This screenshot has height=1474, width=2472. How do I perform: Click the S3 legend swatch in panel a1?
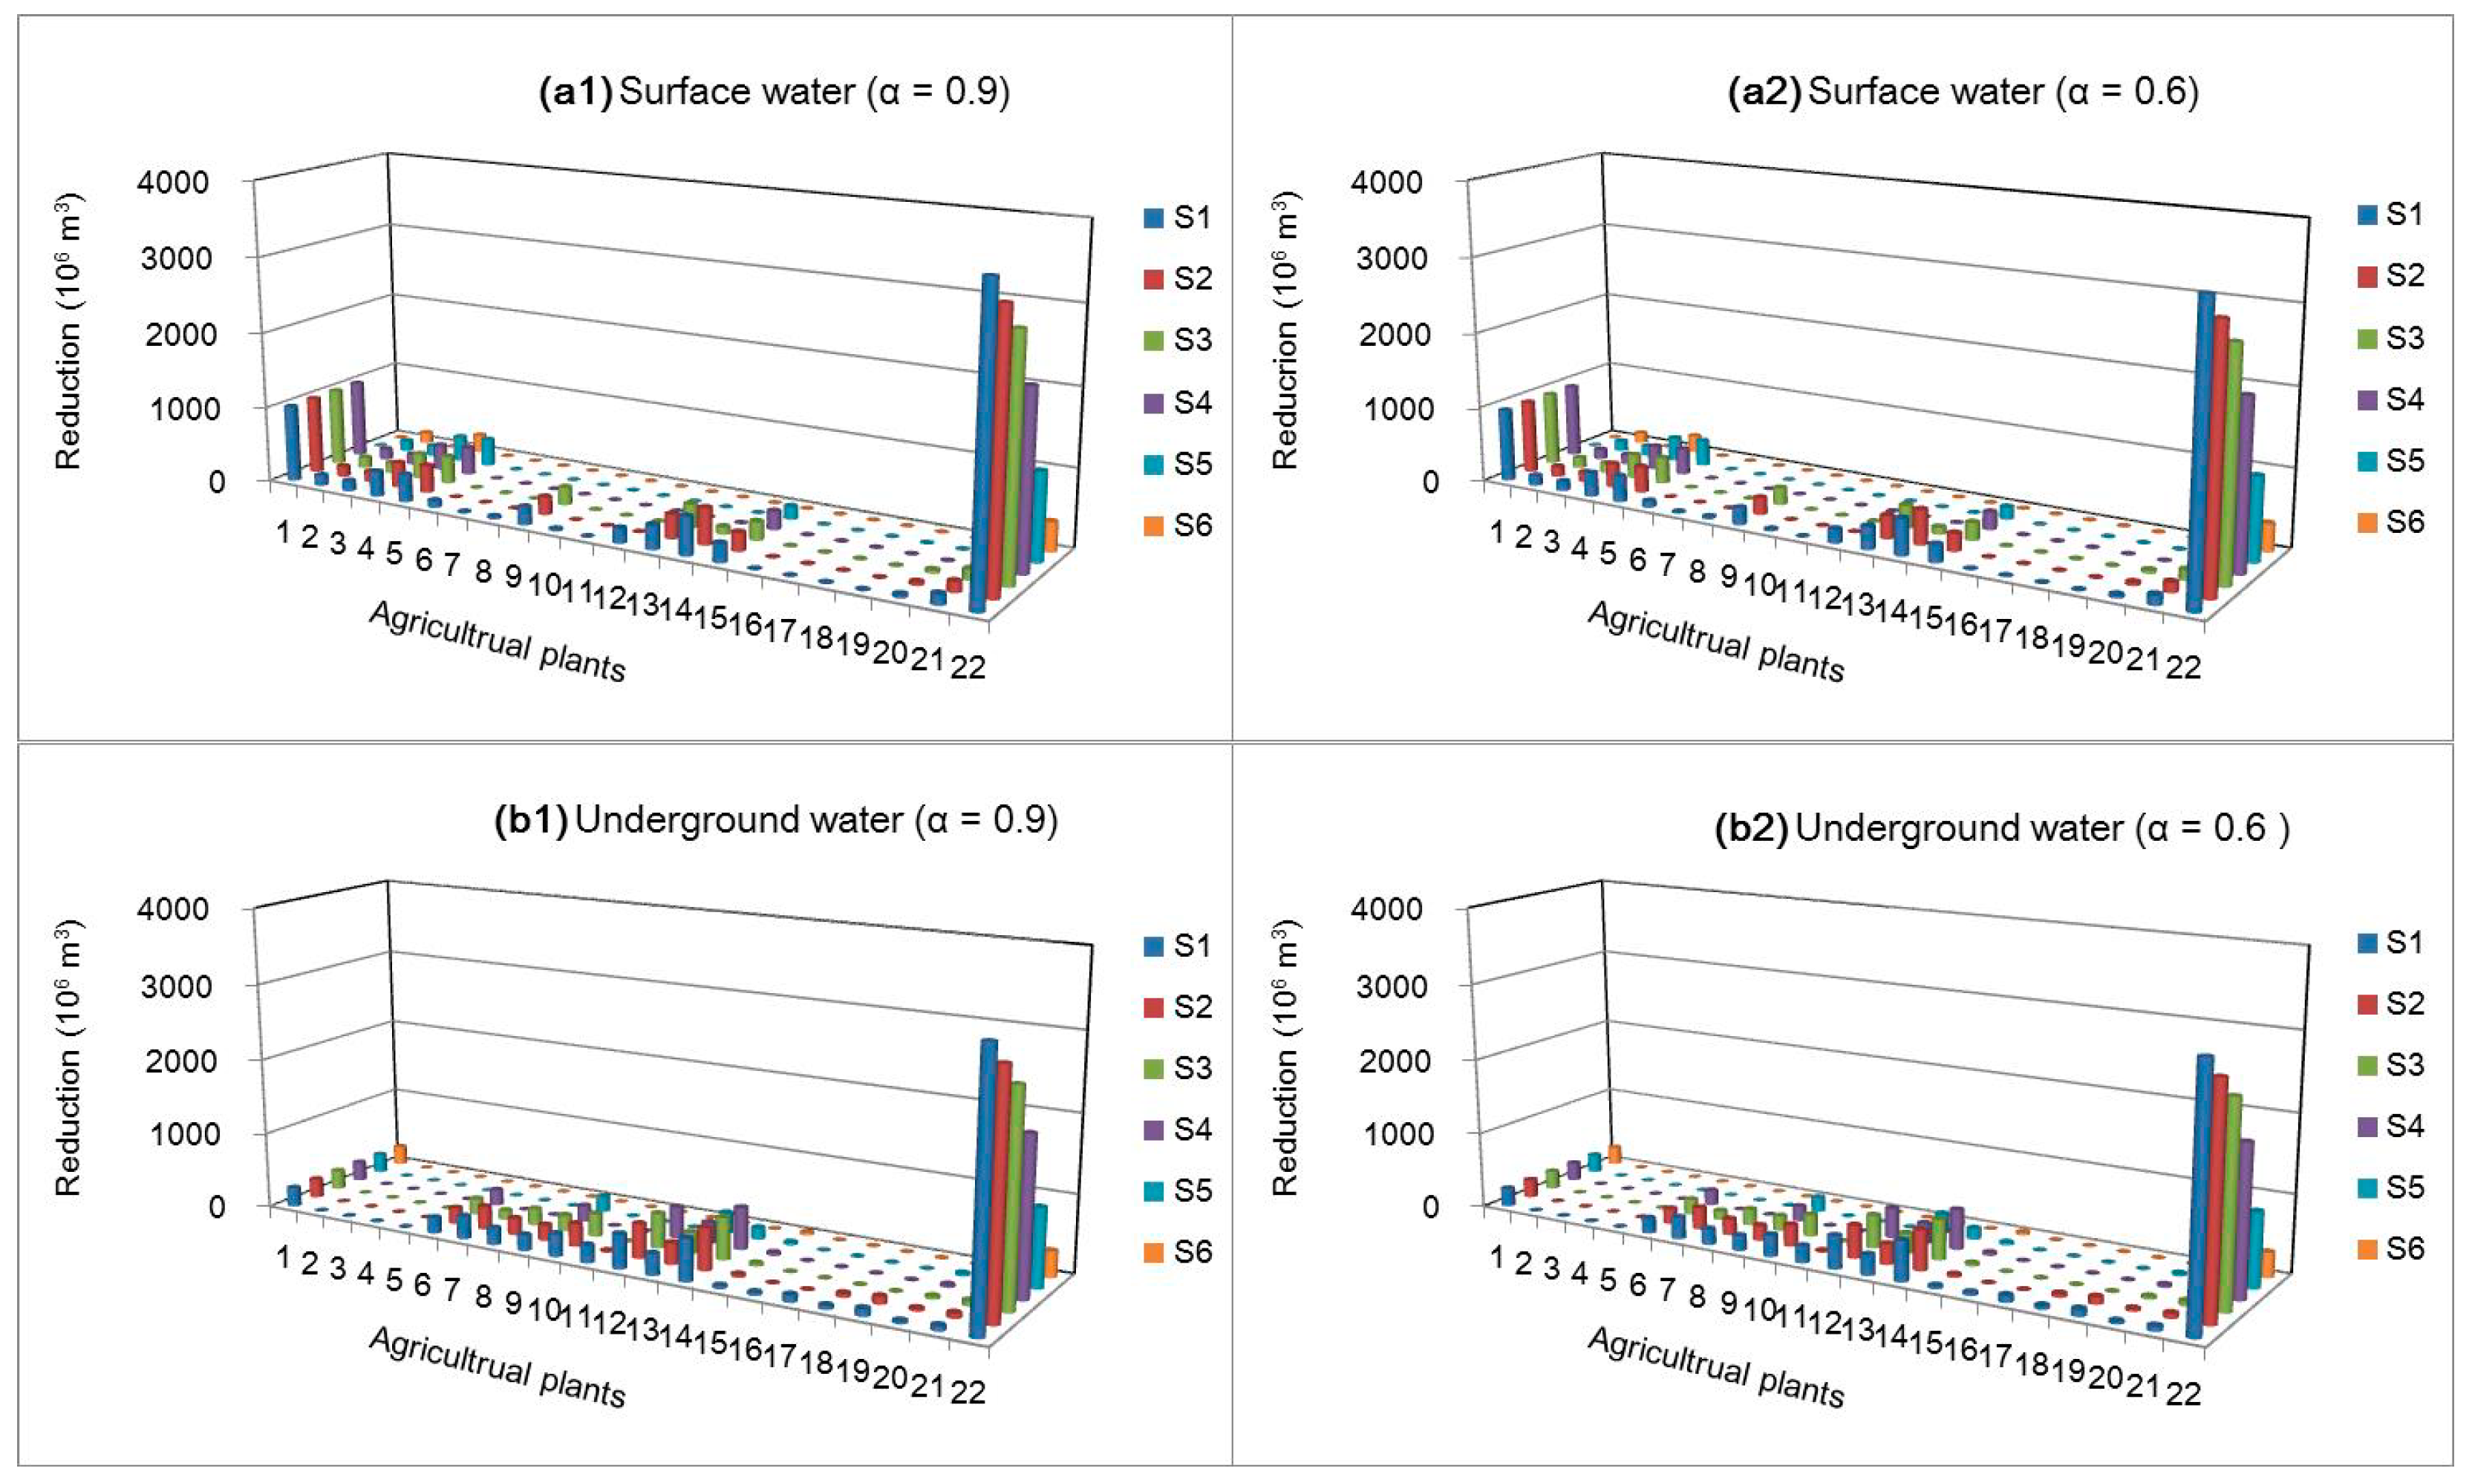tap(1152, 341)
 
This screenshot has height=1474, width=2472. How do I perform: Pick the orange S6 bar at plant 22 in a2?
tap(2267, 537)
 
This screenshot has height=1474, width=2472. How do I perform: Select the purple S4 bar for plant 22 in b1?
tap(1028, 1212)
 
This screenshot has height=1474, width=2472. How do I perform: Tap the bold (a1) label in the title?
tap(574, 92)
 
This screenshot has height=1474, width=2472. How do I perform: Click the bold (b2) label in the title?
tap(1752, 828)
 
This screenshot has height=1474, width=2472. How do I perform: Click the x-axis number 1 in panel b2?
tap(1497, 1257)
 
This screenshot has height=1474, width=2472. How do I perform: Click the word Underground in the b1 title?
tap(738, 820)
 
